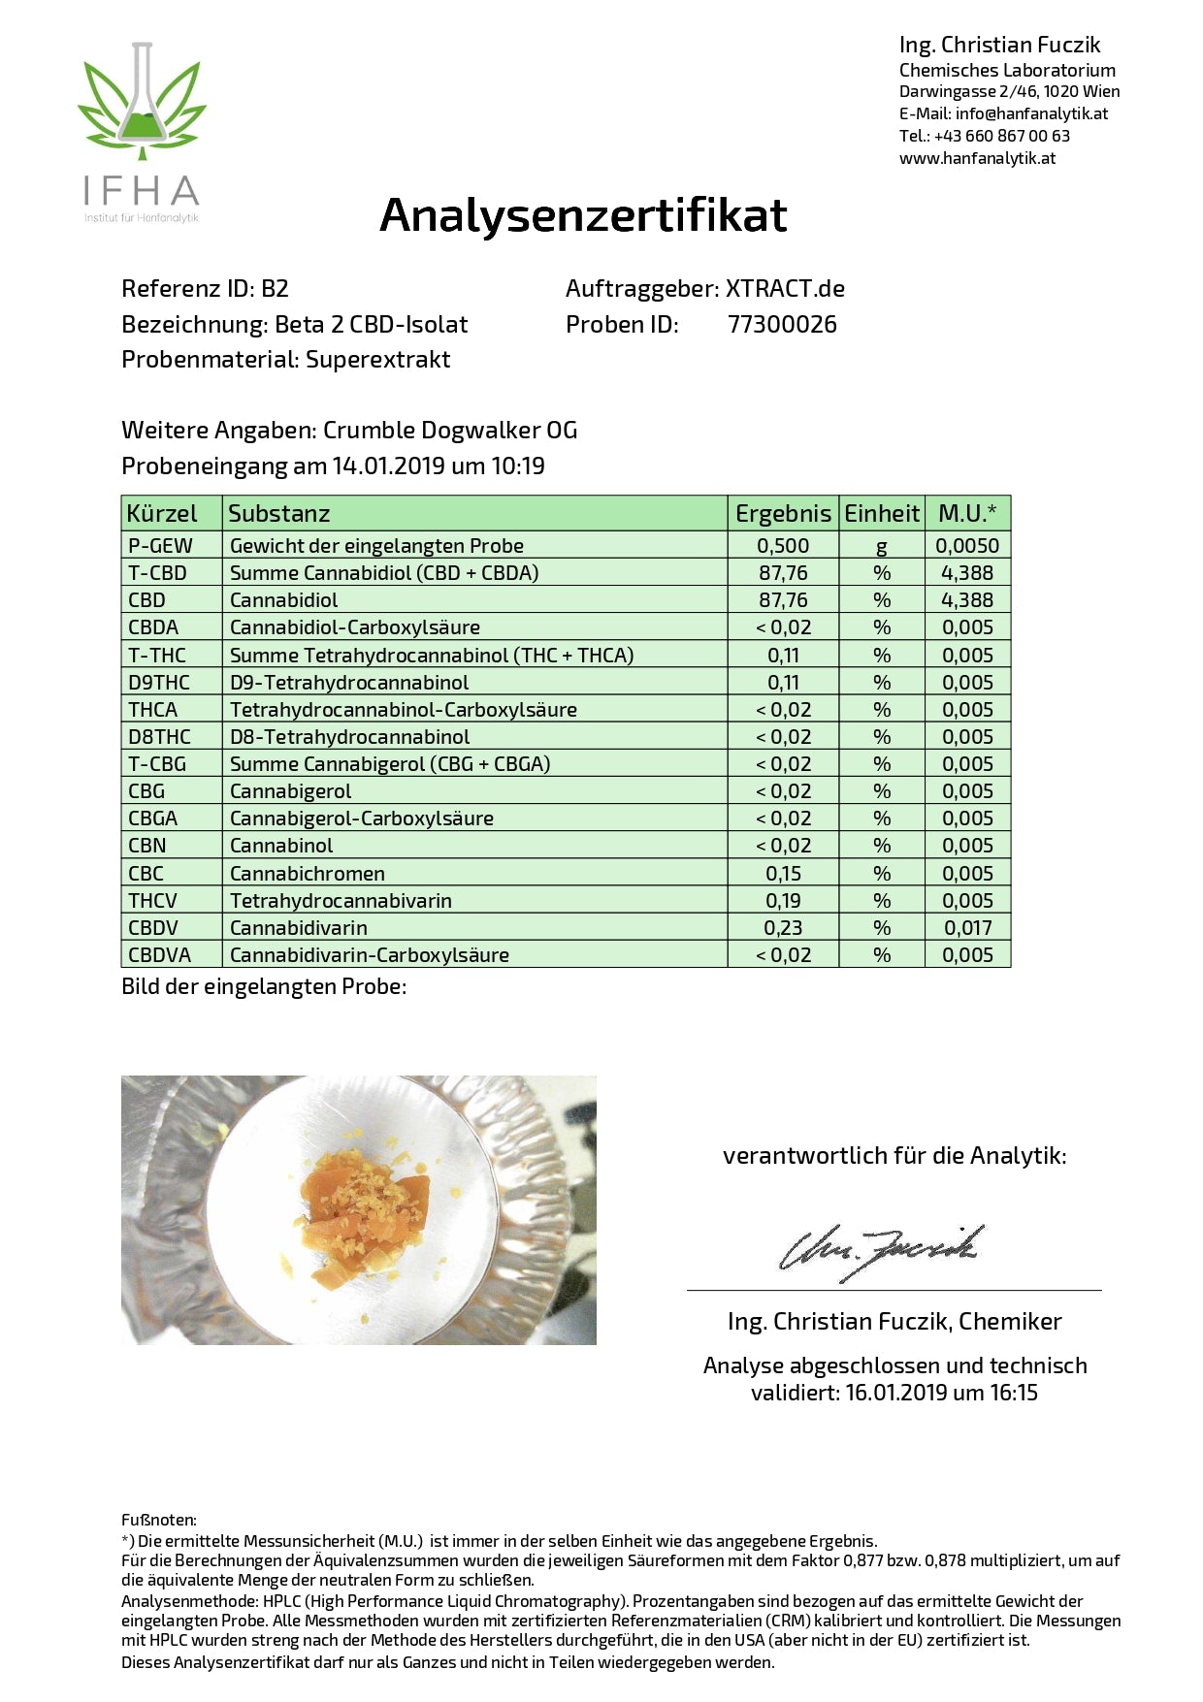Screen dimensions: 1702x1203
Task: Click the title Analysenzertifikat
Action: click(x=583, y=215)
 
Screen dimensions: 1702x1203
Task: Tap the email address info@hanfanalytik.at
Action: click(x=1031, y=113)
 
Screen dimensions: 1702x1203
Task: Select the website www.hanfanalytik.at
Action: click(x=977, y=158)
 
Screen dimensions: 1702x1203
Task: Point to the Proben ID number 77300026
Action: click(x=782, y=325)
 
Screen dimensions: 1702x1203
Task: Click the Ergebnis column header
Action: click(x=783, y=513)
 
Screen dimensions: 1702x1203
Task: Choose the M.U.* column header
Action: click(x=967, y=513)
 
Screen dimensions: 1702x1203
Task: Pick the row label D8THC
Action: click(x=159, y=737)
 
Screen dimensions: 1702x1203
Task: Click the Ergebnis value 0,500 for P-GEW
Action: click(x=783, y=546)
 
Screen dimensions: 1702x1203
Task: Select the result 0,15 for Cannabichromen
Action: click(x=783, y=874)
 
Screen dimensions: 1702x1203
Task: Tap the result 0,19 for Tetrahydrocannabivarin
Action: click(x=783, y=901)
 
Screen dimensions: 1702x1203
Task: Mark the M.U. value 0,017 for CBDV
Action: click(x=967, y=928)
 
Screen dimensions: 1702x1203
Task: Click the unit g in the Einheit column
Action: click(x=881, y=547)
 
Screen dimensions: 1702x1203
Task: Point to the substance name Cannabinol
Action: click(x=281, y=846)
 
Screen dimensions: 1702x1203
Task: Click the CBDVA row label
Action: click(x=159, y=955)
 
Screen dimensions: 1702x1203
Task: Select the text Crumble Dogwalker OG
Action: click(x=450, y=431)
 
